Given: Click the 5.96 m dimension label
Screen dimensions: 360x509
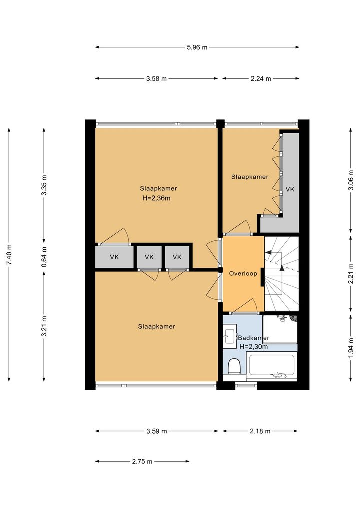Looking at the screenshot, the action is pyautogui.click(x=197, y=47).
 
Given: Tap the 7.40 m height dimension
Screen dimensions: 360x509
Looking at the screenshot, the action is pyautogui.click(x=9, y=255).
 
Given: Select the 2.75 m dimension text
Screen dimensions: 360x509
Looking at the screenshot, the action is pyautogui.click(x=142, y=461).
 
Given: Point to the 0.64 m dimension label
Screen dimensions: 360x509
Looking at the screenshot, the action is pyautogui.click(x=44, y=257).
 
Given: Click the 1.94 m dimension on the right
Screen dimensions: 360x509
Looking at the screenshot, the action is pyautogui.click(x=351, y=348).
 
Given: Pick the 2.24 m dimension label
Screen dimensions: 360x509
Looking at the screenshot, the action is pyautogui.click(x=260, y=78).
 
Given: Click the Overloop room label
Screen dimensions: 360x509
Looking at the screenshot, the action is pyautogui.click(x=243, y=273).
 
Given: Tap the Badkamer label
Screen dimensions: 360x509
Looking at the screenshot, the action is pyautogui.click(x=254, y=338).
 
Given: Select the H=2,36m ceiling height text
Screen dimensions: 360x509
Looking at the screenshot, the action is pyautogui.click(x=156, y=198).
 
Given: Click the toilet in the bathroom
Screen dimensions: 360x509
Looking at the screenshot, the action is pyautogui.click(x=234, y=367).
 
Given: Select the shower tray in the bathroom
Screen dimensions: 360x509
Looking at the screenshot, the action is pyautogui.click(x=280, y=329).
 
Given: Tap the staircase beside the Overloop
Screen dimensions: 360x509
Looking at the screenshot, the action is pyautogui.click(x=282, y=273).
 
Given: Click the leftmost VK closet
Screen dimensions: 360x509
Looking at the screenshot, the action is pyautogui.click(x=114, y=257).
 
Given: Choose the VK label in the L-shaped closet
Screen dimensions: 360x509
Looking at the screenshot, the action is pyautogui.click(x=290, y=189).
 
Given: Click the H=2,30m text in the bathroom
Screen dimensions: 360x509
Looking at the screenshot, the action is pyautogui.click(x=254, y=346).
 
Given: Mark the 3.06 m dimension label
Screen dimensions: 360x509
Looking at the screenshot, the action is pyautogui.click(x=351, y=180).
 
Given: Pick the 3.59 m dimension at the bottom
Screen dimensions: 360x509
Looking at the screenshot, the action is pyautogui.click(x=157, y=431).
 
